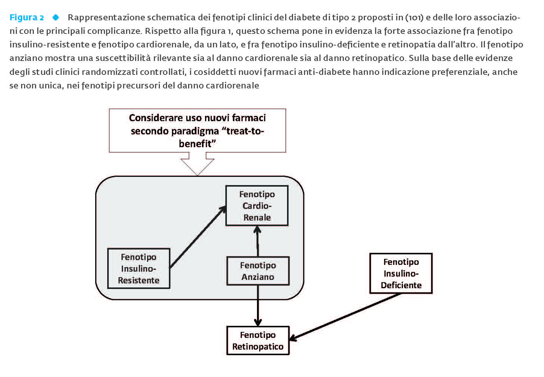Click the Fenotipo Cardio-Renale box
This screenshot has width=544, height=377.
point(257,206)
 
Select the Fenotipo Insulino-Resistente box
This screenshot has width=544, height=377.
point(139,268)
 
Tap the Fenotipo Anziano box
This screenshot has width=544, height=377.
point(258,271)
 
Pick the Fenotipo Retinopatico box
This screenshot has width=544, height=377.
point(258,341)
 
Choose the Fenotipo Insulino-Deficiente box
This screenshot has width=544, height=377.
point(401,273)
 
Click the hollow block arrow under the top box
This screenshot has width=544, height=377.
point(198,163)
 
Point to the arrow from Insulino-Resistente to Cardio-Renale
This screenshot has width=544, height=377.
point(198,237)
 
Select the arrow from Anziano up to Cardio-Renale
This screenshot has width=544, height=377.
point(258,241)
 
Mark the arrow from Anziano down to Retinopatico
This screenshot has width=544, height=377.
point(258,306)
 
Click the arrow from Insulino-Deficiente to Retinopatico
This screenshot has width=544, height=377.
point(345,317)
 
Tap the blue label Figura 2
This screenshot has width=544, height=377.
point(27,17)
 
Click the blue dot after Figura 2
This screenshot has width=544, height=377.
point(56,17)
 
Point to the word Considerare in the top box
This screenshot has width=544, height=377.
point(156,118)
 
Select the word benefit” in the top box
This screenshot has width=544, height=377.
point(197,144)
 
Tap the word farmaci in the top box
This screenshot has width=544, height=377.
point(249,118)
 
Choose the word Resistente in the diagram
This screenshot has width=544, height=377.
point(139,280)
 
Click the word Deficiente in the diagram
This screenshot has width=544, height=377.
point(401,285)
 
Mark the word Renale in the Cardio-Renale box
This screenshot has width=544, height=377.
point(257,217)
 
